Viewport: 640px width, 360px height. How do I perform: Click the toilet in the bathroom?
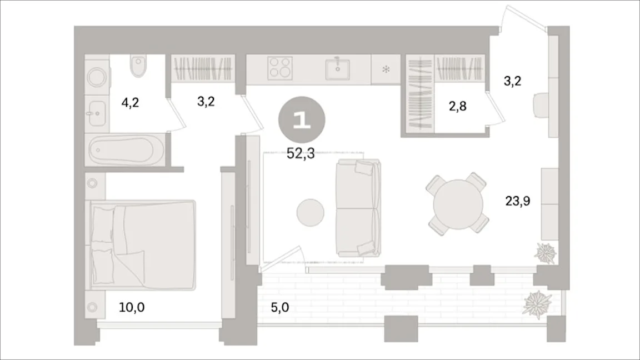click(x=138, y=66)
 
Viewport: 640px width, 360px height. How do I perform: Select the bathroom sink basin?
click(x=97, y=113)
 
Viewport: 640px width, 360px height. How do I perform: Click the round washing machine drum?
click(x=97, y=76)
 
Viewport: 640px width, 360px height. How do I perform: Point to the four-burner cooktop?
click(x=280, y=68)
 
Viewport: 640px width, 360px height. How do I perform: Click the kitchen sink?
click(x=338, y=69)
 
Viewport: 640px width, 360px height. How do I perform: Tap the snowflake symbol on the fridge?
click(x=386, y=69)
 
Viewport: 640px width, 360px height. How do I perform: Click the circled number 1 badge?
click(x=302, y=120)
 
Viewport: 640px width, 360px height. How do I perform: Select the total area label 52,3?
click(x=301, y=153)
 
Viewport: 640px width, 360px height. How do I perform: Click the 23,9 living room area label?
click(x=518, y=201)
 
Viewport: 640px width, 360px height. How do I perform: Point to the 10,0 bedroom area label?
click(x=132, y=307)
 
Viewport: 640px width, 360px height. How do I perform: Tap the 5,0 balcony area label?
click(x=280, y=307)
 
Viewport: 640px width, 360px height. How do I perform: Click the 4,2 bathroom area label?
click(x=130, y=102)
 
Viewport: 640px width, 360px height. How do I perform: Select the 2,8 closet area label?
click(x=458, y=106)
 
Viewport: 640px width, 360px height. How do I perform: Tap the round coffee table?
click(x=310, y=213)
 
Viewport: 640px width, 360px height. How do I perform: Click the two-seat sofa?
click(x=358, y=208)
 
